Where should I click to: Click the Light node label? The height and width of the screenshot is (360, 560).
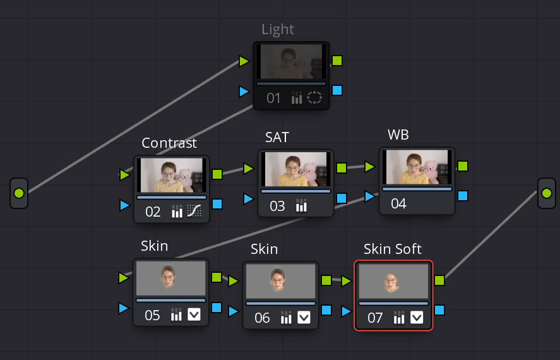(278, 30)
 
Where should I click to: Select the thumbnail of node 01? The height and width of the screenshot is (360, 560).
(291, 62)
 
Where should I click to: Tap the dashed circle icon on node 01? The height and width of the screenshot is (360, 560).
(314, 98)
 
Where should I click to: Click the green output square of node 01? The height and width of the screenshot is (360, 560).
(337, 61)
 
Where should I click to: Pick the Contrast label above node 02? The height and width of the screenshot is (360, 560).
(169, 143)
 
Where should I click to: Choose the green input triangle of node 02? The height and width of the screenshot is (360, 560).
(125, 175)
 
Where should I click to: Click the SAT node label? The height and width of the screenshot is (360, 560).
(278, 136)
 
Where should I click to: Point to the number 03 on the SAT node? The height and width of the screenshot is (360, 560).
(277, 206)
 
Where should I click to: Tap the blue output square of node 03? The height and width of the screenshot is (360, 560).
(342, 198)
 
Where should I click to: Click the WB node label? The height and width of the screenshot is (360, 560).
(398, 136)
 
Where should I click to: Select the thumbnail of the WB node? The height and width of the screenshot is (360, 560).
(417, 167)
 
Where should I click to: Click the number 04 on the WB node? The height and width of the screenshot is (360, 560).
(398, 204)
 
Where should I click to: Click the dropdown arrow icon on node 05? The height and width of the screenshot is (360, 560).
(194, 315)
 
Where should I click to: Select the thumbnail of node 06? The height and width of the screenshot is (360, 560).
(280, 281)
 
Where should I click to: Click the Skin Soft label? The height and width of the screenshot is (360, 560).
(393, 249)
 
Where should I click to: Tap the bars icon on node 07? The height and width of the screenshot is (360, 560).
(399, 318)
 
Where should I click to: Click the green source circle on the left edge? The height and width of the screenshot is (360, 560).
(19, 193)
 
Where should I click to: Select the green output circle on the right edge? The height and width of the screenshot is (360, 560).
(546, 193)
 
